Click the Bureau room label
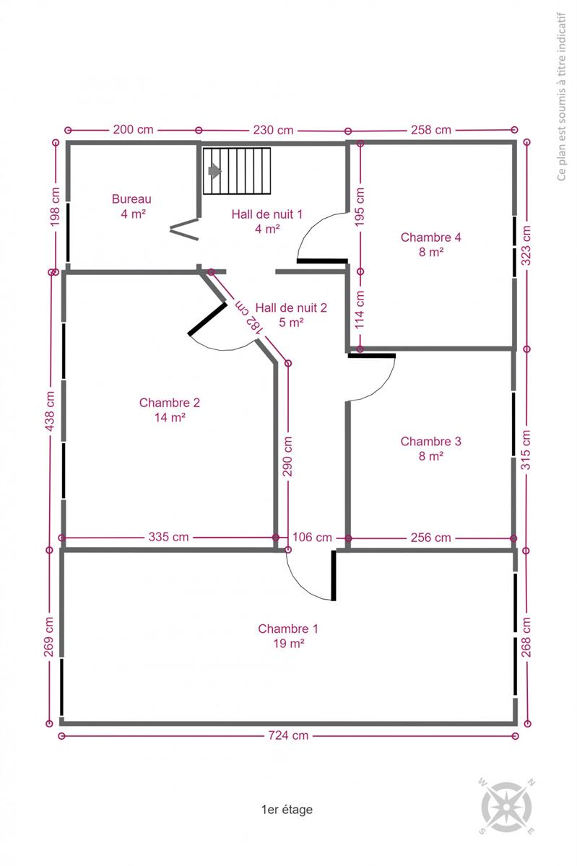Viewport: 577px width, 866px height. (131, 199)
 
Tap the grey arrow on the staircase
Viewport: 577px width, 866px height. (214, 170)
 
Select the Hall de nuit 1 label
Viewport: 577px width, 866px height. (266, 214)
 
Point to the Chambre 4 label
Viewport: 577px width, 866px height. (430, 237)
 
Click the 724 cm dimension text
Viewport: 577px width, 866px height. (288, 735)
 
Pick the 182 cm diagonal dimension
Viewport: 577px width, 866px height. (249, 317)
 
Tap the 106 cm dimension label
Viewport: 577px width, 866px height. (312, 537)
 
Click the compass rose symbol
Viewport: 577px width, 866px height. (506, 807)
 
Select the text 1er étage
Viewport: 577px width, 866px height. (287, 809)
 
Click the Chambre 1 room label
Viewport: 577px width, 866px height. (288, 629)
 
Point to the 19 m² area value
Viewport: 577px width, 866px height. (289, 643)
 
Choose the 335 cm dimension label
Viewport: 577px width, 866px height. (168, 537)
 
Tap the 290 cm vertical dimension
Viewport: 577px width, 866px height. (287, 456)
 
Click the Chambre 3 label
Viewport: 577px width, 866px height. (430, 441)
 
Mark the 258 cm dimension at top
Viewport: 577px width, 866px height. (431, 129)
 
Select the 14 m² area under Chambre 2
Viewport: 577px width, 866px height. (170, 417)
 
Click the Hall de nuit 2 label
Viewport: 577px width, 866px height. (291, 307)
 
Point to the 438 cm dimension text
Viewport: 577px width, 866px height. (50, 411)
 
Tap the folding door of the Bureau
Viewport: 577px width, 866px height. (184, 229)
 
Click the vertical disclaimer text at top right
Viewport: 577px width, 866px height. (561, 97)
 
